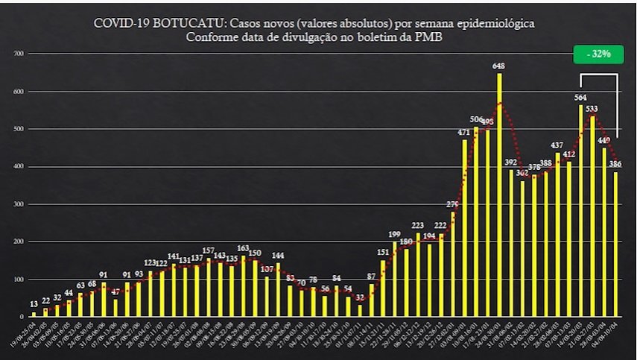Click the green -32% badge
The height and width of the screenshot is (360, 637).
pos(598,54)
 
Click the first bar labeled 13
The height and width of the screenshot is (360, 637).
pos(34,314)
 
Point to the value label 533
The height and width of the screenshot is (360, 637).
pos(592,109)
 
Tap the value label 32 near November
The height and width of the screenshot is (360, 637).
pos(360,297)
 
